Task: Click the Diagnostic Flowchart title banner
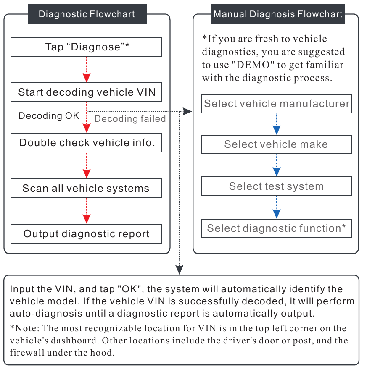coord(87,14)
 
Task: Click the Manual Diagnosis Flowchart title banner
coord(278,14)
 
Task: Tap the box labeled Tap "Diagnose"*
coord(86,47)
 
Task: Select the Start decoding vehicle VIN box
coord(86,92)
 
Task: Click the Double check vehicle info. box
coord(86,143)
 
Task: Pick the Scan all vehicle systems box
coord(86,188)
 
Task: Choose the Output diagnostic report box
coord(86,234)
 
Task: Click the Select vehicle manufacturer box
coord(277,103)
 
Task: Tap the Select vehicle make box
coord(277,144)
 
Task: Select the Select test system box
coord(277,186)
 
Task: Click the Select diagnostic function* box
coord(277,228)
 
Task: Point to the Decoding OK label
coord(49,116)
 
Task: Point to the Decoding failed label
coord(130,119)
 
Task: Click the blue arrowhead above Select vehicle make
coord(277,130)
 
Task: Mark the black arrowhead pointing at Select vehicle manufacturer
coord(188,111)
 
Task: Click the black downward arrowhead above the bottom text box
coord(180,269)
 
